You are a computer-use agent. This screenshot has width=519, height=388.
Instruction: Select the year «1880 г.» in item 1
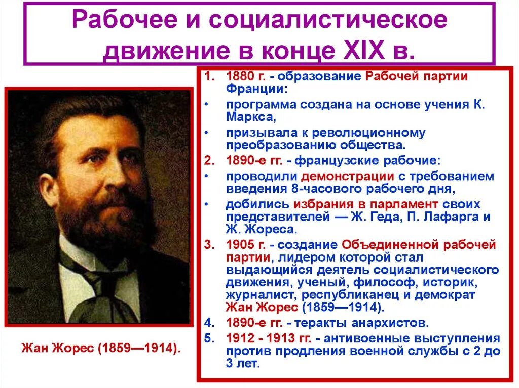coord(245,77)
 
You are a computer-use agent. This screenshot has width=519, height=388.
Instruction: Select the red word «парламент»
coord(404,204)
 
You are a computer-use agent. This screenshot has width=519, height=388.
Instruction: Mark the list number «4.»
coord(209,322)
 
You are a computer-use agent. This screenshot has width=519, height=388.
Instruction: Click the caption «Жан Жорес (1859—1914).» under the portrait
coord(101,349)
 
